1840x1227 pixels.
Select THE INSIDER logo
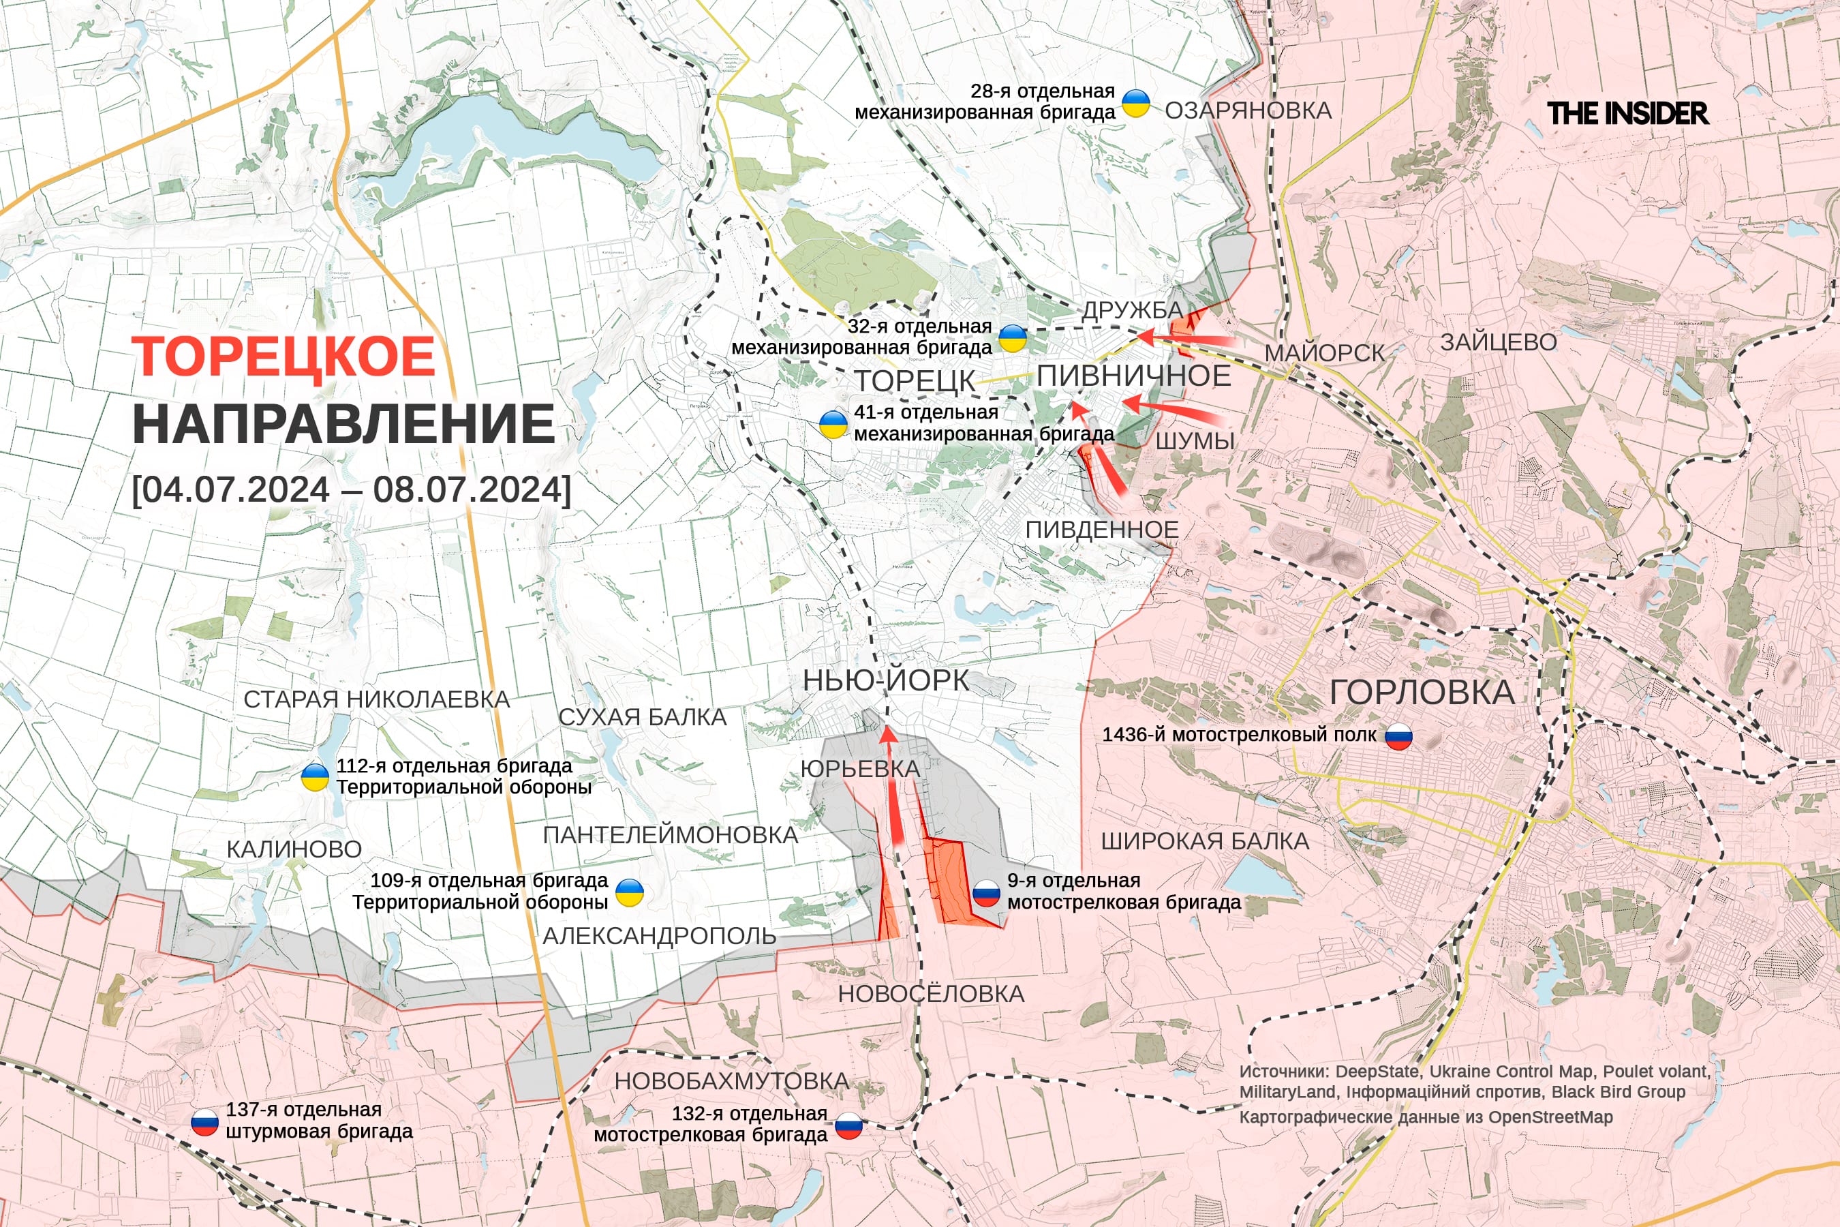(x=1627, y=113)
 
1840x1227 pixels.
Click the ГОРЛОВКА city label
(x=1422, y=693)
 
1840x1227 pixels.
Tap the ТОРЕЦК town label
(x=915, y=381)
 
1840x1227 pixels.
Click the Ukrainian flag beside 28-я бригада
(x=1136, y=102)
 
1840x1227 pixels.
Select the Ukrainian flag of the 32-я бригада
(x=1012, y=338)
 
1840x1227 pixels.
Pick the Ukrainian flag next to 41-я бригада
(x=833, y=423)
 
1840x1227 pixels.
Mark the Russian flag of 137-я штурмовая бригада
(x=205, y=1122)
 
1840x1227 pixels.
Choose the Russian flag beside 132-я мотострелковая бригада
(x=849, y=1125)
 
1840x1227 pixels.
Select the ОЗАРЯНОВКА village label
(x=1248, y=110)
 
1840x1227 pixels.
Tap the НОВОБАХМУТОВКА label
(x=731, y=1080)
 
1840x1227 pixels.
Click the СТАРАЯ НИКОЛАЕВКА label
(x=376, y=699)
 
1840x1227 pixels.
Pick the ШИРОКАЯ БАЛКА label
(x=1205, y=841)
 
